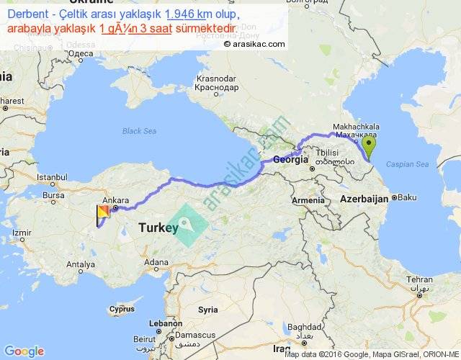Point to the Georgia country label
(x=290, y=161)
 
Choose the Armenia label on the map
(x=308, y=199)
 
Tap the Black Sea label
(x=139, y=131)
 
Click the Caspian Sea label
(x=407, y=166)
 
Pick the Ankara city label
(x=115, y=200)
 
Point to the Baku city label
(x=407, y=197)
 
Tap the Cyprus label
(x=122, y=310)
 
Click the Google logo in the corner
(x=24, y=351)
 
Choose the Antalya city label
(x=80, y=264)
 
